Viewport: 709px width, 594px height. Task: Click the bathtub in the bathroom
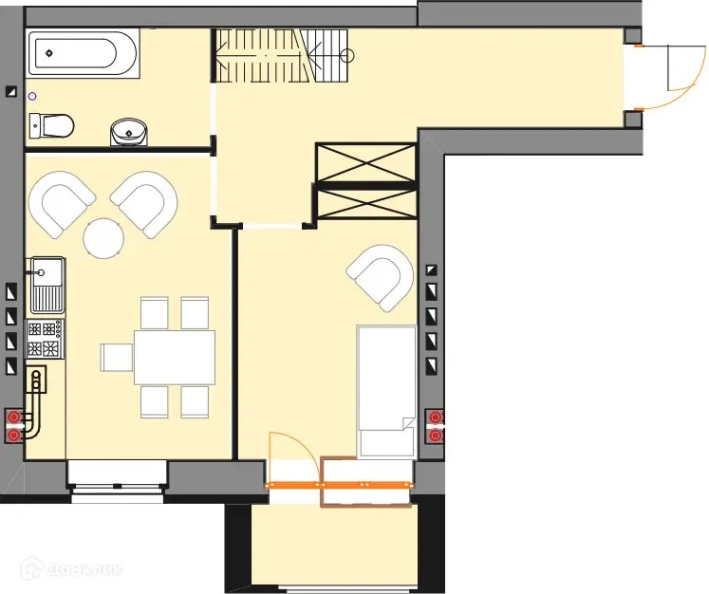click(x=84, y=52)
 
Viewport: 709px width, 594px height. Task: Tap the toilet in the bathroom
click(x=52, y=124)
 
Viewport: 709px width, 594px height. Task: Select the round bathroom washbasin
click(x=129, y=131)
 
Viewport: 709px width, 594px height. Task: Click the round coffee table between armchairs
click(x=103, y=237)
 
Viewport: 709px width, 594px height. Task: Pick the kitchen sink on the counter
click(x=46, y=284)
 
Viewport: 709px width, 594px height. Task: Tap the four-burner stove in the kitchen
click(x=46, y=339)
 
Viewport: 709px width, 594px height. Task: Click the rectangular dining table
click(x=174, y=356)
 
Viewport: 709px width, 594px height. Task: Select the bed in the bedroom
click(x=385, y=389)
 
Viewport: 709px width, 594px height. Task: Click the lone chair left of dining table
click(x=117, y=357)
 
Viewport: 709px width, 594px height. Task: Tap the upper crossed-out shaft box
click(x=365, y=161)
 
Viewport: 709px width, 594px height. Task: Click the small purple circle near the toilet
click(x=32, y=96)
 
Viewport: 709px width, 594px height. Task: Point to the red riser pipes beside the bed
click(x=436, y=426)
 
